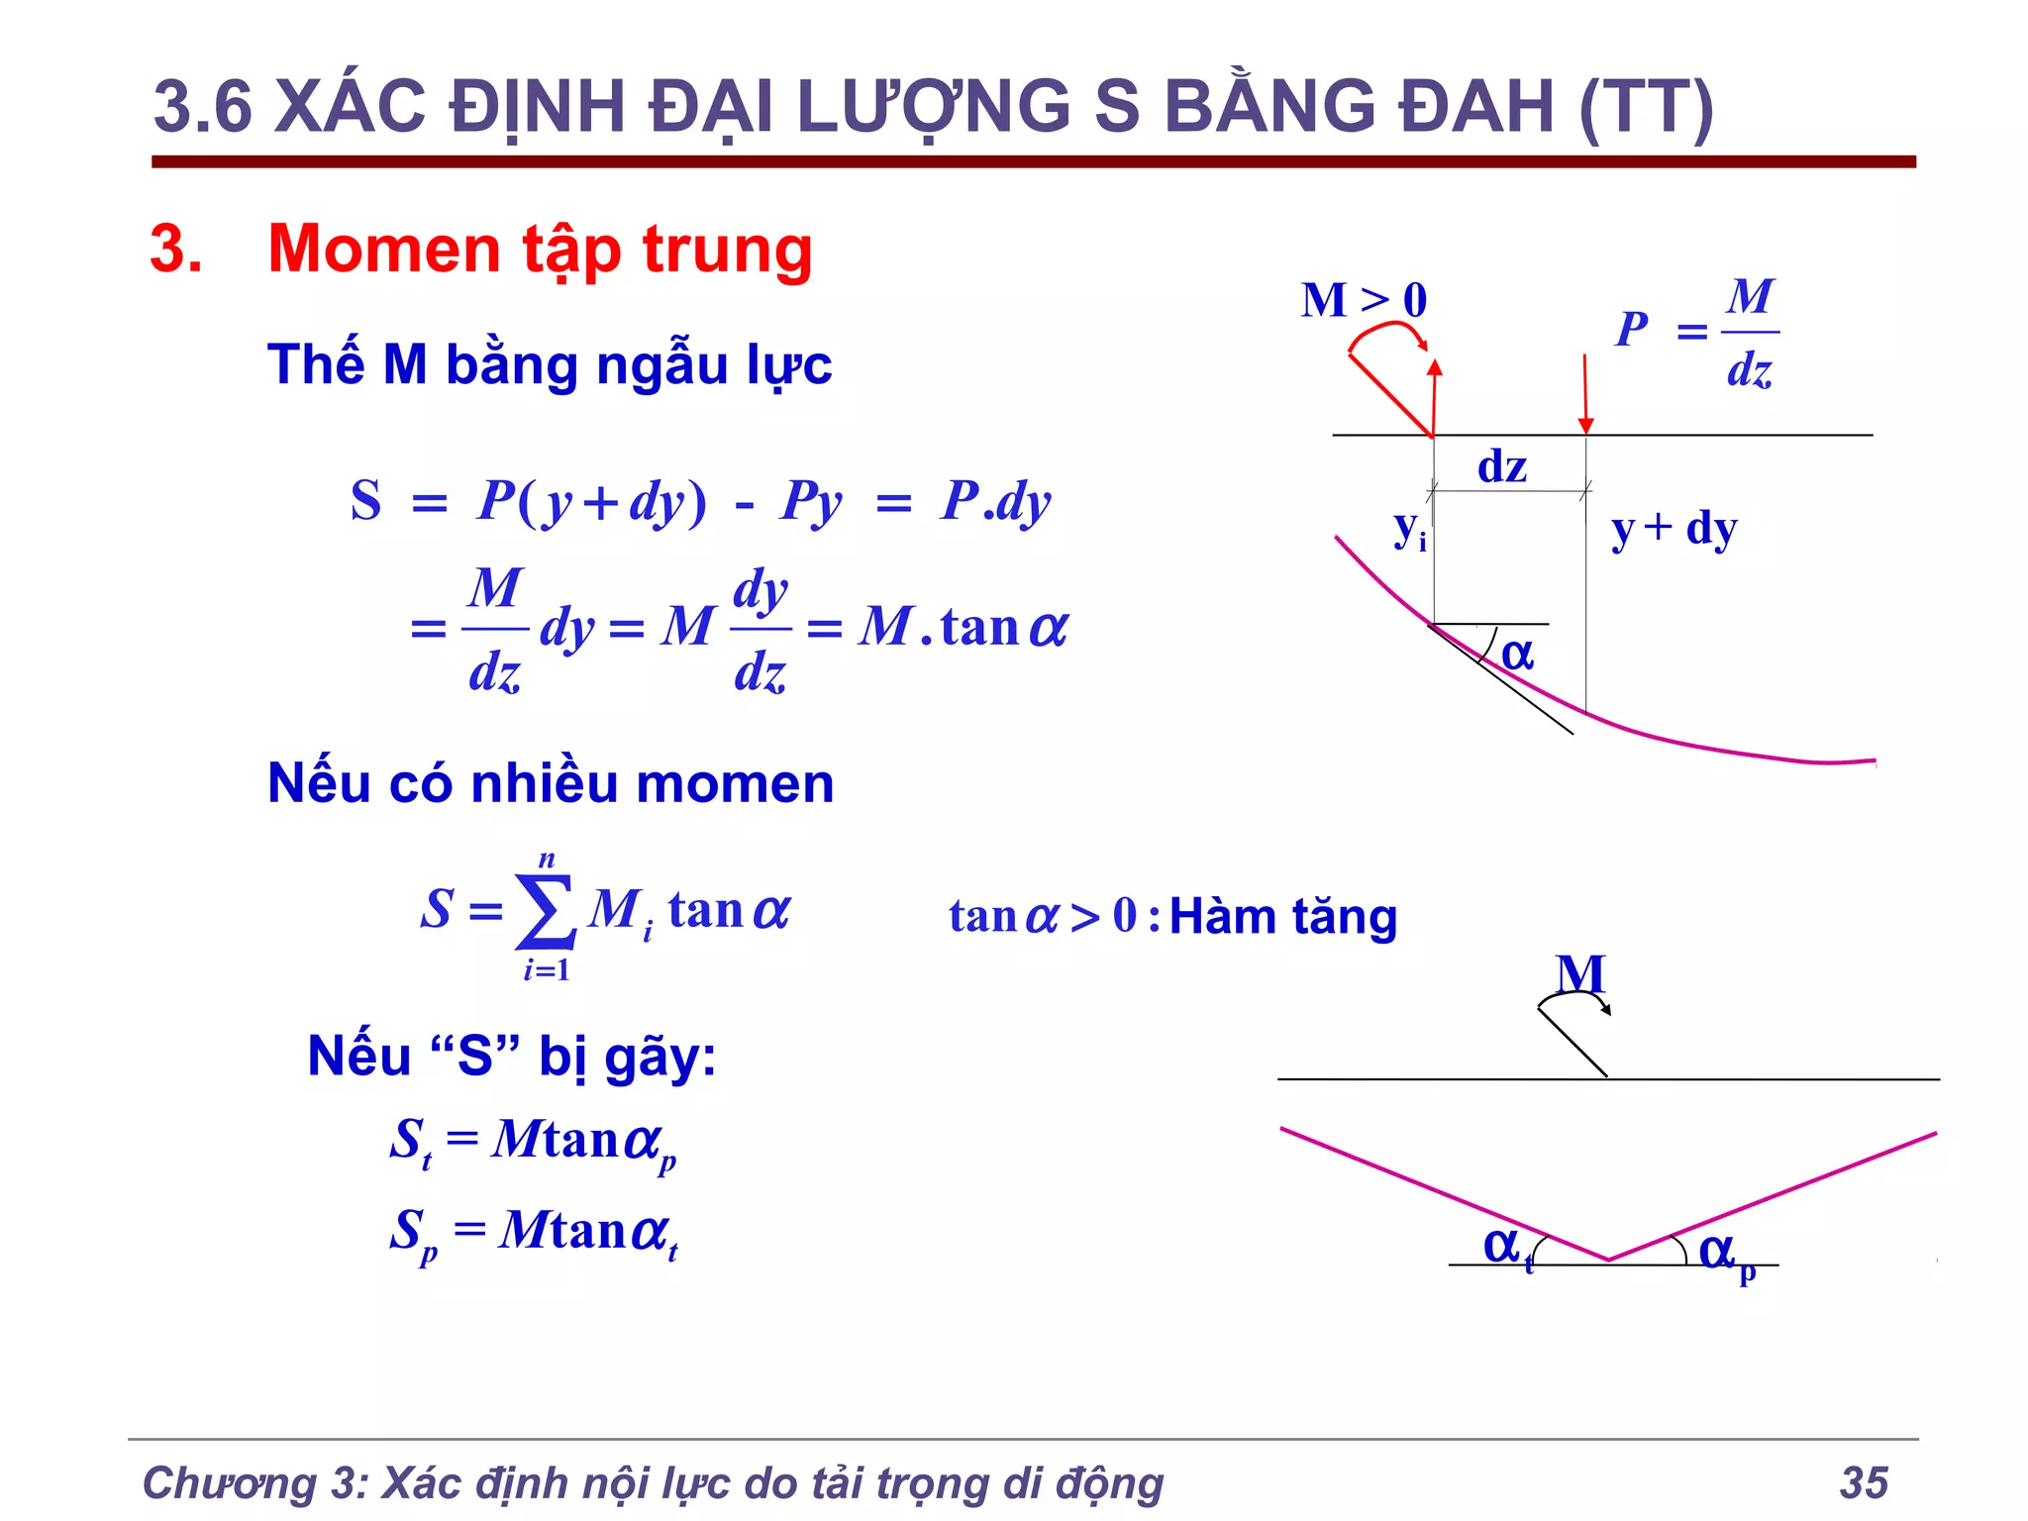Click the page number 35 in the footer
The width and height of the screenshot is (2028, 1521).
pyautogui.click(x=1864, y=1482)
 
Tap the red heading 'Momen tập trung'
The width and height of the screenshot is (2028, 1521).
pyautogui.click(x=540, y=249)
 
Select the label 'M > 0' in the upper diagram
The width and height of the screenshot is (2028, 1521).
pyautogui.click(x=1364, y=300)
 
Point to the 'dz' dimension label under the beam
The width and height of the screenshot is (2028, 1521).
pyautogui.click(x=1501, y=465)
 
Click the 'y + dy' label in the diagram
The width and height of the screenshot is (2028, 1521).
pyautogui.click(x=1673, y=529)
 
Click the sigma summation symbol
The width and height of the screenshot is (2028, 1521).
pyautogui.click(x=546, y=911)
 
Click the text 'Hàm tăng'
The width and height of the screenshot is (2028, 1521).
pyautogui.click(x=1283, y=916)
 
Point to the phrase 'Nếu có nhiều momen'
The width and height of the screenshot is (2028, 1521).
pyautogui.click(x=551, y=783)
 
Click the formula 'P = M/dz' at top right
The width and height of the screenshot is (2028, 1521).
pyautogui.click(x=1696, y=332)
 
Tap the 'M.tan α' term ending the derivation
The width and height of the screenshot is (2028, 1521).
pyautogui.click(x=963, y=627)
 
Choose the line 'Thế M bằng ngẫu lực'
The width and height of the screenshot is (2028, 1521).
pyautogui.click(x=550, y=364)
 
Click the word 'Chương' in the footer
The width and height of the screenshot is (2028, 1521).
pyautogui.click(x=229, y=1483)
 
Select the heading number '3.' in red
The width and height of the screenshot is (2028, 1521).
pyautogui.click(x=176, y=249)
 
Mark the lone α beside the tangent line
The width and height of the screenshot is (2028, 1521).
pyautogui.click(x=1517, y=655)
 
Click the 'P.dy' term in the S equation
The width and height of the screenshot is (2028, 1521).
pyautogui.click(x=995, y=501)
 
